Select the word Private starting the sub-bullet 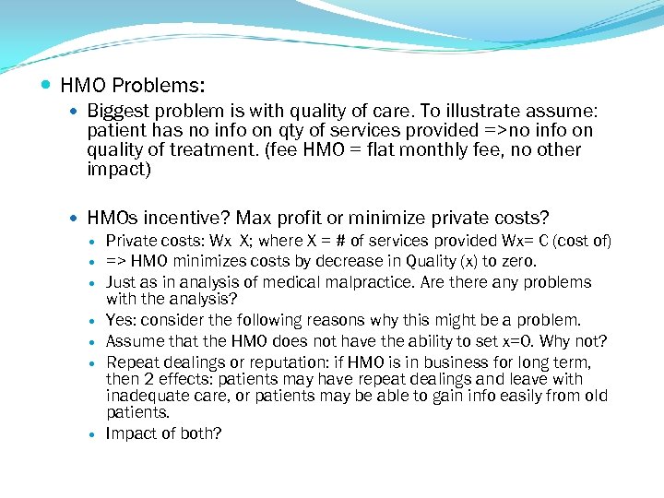[132, 242]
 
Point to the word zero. [515, 262]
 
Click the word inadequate [146, 396]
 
